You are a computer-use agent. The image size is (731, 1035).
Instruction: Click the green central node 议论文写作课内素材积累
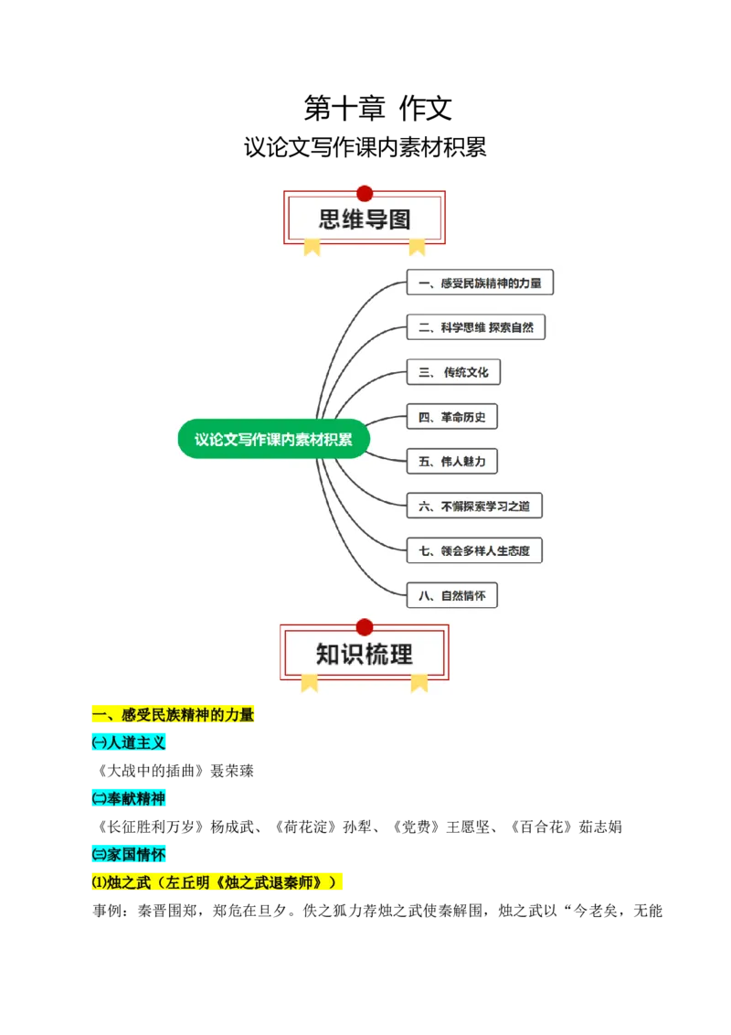(x=273, y=439)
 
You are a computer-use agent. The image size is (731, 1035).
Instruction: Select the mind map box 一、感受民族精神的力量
(x=480, y=283)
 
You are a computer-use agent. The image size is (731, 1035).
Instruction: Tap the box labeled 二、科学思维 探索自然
(x=475, y=327)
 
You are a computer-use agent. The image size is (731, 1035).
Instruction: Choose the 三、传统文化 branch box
(x=454, y=372)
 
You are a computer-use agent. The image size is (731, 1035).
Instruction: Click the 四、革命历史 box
(x=452, y=418)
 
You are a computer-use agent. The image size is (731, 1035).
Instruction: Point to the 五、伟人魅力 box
(x=452, y=462)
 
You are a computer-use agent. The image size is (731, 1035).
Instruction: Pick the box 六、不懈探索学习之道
(x=480, y=506)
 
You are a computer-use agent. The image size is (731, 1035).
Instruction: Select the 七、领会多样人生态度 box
(x=474, y=550)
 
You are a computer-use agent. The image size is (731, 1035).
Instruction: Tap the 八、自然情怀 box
(x=452, y=596)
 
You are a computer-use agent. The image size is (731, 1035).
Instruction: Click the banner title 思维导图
(x=365, y=219)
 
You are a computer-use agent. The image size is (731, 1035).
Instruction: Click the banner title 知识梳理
(x=365, y=654)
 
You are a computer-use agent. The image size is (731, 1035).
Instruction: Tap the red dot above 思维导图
(x=365, y=193)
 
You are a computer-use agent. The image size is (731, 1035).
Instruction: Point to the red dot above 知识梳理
(x=365, y=627)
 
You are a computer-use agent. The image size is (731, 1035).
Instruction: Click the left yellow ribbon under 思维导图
(x=313, y=246)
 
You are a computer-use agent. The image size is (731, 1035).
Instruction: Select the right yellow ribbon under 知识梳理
(x=419, y=681)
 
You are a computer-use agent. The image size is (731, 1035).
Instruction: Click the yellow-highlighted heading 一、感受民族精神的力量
(x=172, y=715)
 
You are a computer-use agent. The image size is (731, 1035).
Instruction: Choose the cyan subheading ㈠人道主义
(x=128, y=743)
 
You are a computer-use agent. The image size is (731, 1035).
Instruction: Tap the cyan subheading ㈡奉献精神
(x=128, y=799)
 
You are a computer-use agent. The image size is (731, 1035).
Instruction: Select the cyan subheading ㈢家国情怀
(x=128, y=855)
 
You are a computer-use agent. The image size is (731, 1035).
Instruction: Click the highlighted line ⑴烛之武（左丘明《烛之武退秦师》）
(x=216, y=883)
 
